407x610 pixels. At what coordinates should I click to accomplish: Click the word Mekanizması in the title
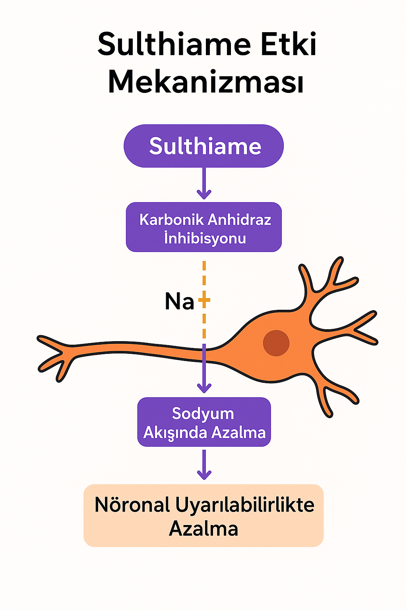[x=206, y=82]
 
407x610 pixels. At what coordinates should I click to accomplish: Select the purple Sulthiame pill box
[x=203, y=146]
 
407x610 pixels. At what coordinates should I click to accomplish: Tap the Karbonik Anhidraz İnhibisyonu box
[x=203, y=228]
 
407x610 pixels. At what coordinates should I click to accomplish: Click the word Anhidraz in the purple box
[x=239, y=219]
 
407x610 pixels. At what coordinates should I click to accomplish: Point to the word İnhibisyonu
[x=205, y=238]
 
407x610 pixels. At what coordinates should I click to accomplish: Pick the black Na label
[x=179, y=301]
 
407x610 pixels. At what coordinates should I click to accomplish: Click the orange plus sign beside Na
[x=204, y=300]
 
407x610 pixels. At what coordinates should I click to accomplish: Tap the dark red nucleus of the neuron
[x=276, y=343]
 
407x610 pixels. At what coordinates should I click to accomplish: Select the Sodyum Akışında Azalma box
[x=204, y=422]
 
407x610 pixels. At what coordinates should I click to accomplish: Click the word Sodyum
[x=203, y=413]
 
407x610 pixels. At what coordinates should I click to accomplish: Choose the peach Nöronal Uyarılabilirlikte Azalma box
[x=203, y=515]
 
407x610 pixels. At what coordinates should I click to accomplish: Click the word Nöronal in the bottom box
[x=132, y=505]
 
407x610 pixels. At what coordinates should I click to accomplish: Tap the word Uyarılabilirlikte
[x=244, y=505]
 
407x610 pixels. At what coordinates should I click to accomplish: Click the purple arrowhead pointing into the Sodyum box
[x=204, y=388]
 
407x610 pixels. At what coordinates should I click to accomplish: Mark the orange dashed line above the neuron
[x=204, y=278]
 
